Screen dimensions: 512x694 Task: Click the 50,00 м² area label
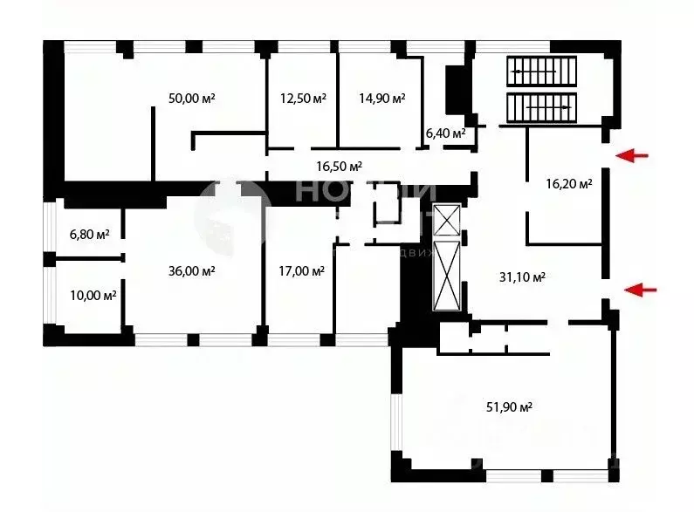(191, 99)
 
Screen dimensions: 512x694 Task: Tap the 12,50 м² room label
(302, 99)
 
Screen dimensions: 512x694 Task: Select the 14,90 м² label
(381, 99)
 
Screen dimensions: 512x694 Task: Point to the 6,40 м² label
(445, 133)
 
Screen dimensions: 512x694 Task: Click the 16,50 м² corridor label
(339, 166)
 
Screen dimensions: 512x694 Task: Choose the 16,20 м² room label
(568, 184)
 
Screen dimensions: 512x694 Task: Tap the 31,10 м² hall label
(521, 277)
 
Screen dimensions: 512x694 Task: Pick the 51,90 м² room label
(509, 406)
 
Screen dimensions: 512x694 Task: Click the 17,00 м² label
(301, 271)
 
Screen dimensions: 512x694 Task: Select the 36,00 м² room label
(191, 271)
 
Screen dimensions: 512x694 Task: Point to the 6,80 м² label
(90, 235)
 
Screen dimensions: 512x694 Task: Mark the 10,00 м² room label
(93, 296)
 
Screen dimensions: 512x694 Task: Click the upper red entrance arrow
(634, 156)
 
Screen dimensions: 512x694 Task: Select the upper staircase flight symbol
(542, 70)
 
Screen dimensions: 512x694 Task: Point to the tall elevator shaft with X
(449, 277)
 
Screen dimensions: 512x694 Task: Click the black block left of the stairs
(456, 89)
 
